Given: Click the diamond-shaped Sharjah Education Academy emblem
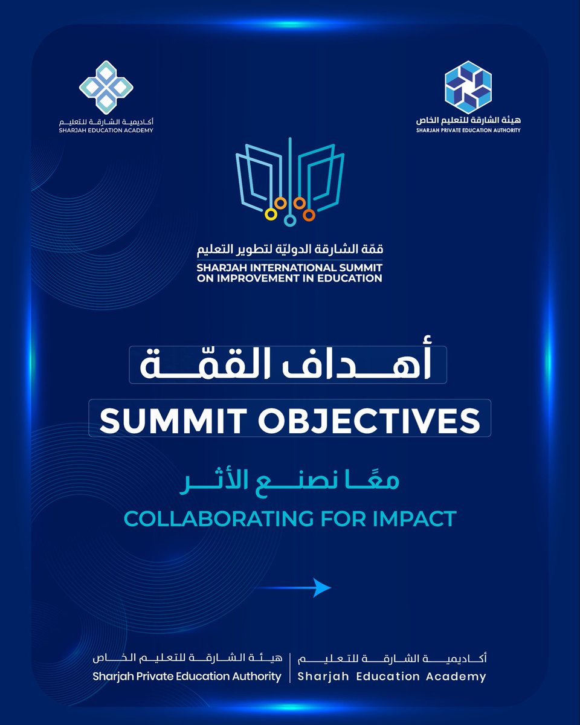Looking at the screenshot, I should tap(106, 86).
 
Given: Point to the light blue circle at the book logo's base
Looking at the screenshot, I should tap(290, 221).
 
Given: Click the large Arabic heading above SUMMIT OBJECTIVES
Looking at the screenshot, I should tap(288, 365).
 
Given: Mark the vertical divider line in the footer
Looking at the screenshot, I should tap(290, 667).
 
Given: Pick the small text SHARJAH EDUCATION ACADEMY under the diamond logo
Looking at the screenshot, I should tap(106, 130).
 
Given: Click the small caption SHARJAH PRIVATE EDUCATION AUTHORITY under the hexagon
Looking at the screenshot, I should tap(468, 130).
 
